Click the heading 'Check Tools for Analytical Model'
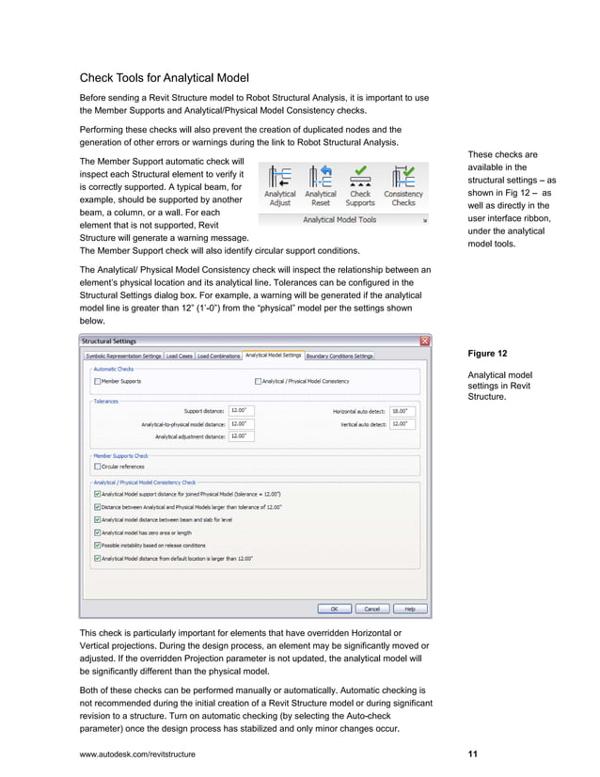click(x=164, y=77)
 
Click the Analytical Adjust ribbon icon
click(x=280, y=179)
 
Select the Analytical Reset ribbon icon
click(x=321, y=179)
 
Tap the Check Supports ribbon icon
click(x=360, y=179)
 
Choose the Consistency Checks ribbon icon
click(x=403, y=179)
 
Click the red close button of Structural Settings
click(x=424, y=341)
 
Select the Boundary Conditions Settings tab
click(x=340, y=356)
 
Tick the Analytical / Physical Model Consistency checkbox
click(x=259, y=381)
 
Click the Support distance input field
click(x=241, y=410)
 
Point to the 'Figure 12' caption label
click(x=487, y=354)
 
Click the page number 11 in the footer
click(x=472, y=754)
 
